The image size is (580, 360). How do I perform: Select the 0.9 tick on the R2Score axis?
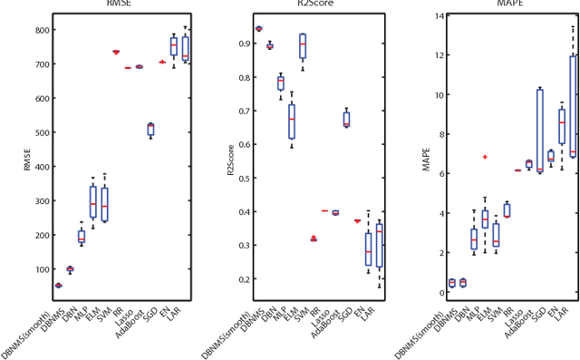pos(238,44)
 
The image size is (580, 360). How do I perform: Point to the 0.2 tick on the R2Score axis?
pos(238,278)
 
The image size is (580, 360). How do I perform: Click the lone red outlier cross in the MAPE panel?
pos(485,157)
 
